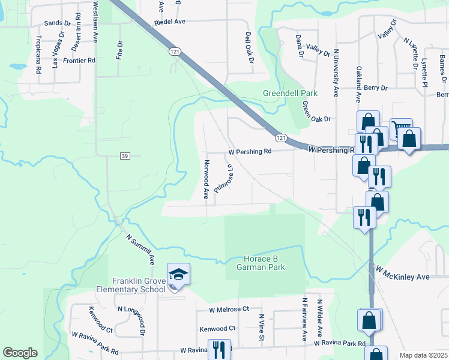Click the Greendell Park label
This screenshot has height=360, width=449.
click(290, 94)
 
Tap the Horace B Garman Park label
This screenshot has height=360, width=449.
click(264, 263)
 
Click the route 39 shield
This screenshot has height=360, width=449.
click(124, 156)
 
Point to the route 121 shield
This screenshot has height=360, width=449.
click(174, 52)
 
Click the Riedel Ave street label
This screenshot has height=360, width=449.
click(170, 21)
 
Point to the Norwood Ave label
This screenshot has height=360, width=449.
click(206, 179)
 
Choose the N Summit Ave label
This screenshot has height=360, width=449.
click(140, 250)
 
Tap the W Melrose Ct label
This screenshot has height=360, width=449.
click(229, 310)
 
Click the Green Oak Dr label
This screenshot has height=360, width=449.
click(316, 110)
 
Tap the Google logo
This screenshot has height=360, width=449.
click(20, 353)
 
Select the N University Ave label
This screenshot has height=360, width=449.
click(336, 73)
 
